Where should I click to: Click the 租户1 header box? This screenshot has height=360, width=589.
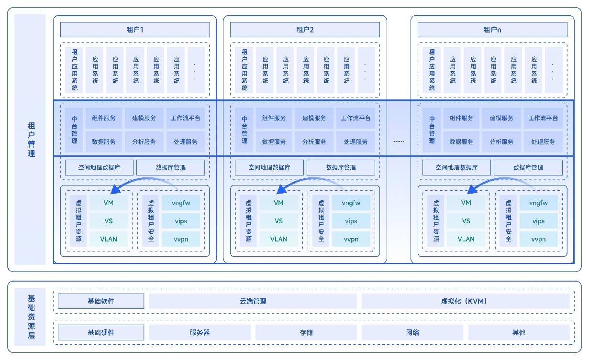135,30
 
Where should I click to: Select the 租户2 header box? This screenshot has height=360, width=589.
305,30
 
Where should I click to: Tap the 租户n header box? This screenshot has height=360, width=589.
492,30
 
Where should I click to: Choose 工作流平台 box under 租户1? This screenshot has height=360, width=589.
185,118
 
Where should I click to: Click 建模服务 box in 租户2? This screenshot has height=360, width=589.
314,118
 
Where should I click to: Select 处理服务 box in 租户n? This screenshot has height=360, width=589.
543,142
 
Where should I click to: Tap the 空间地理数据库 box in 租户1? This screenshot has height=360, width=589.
99,168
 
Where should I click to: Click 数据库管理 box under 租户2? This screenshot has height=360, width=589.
341,168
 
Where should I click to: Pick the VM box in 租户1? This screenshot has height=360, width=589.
109,203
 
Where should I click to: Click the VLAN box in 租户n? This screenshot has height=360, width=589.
466,239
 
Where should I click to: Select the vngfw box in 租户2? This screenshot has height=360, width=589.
351,203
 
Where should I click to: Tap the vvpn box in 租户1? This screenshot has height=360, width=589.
181,239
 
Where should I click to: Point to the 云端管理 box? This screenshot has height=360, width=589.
253,301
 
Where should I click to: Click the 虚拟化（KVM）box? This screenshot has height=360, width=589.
465,301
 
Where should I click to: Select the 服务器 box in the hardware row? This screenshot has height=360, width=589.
200,332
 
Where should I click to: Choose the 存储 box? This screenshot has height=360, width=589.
306,332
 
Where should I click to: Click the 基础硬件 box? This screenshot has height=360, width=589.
101,332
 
